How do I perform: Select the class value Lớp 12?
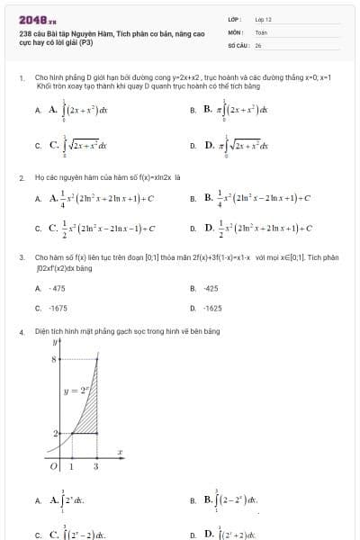(263, 19)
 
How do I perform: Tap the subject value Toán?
(261, 31)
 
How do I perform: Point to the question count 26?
(258, 44)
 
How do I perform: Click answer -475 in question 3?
(57, 288)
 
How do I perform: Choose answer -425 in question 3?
(211, 288)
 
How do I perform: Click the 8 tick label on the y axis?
(53, 359)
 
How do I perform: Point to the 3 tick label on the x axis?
(96, 466)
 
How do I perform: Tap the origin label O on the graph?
(53, 465)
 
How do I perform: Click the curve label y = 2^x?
(76, 392)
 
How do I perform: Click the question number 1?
(21, 78)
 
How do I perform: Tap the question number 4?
(21, 331)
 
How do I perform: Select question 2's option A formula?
(101, 198)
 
